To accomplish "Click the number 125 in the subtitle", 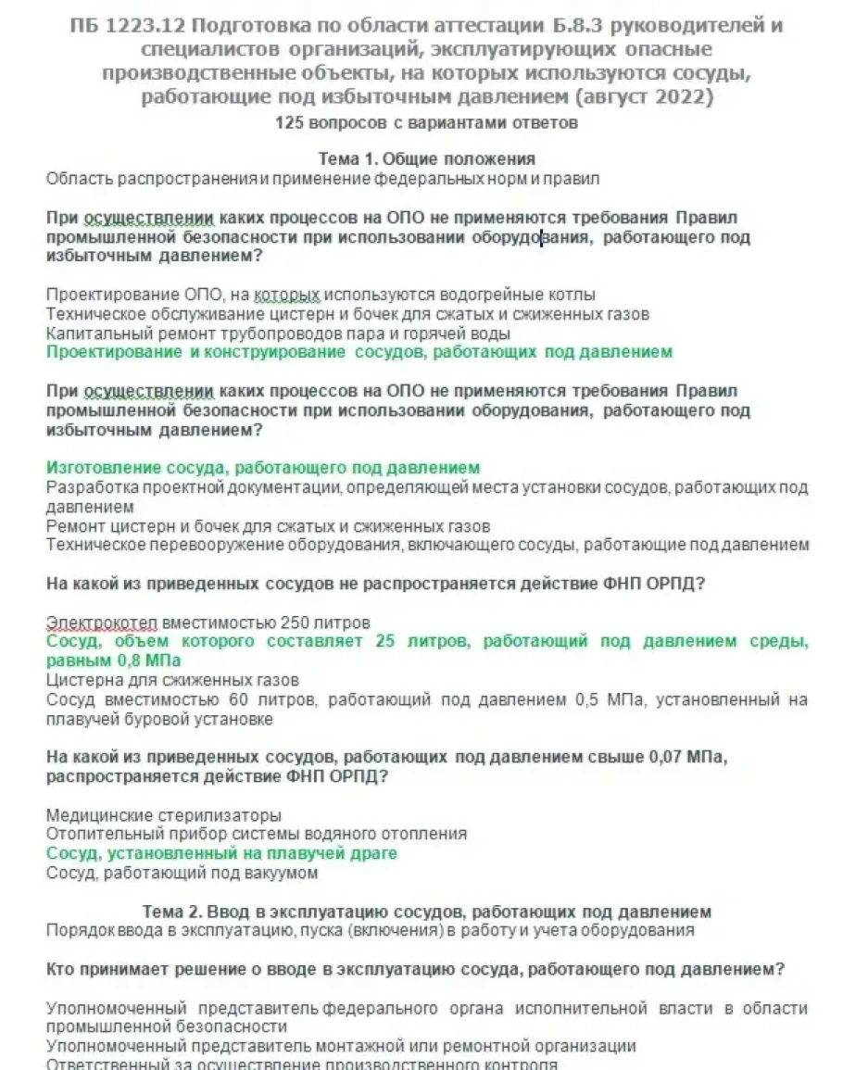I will coord(289,122).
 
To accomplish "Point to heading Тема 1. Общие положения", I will coord(426,158).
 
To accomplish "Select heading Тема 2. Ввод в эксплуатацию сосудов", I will coord(426,912).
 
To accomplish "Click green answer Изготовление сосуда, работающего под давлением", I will coord(263,468).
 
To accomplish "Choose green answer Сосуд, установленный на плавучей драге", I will coord(221,853).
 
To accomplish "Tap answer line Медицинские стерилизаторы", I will coord(164,815).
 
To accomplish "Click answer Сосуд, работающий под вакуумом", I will coord(182,873).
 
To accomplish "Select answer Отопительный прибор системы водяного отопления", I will coord(257,835).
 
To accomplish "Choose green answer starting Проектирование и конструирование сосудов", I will coord(359,352).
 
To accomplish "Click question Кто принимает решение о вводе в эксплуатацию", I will coord(415,969).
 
